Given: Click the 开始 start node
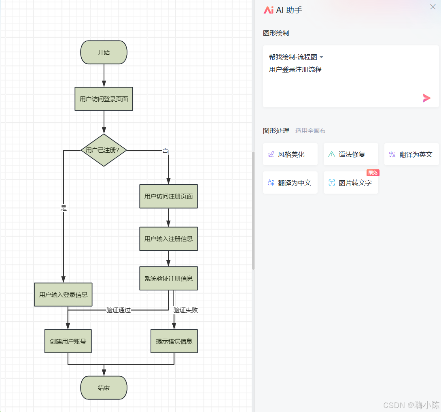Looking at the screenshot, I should [x=104, y=52].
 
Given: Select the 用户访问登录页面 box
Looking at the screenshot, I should [x=104, y=99].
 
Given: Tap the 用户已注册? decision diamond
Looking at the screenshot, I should [x=104, y=150].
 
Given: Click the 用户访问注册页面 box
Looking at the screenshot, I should [x=168, y=196].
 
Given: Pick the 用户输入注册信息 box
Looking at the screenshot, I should [x=168, y=239].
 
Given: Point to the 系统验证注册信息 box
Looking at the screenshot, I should [x=168, y=278].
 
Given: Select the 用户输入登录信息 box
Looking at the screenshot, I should [x=63, y=295].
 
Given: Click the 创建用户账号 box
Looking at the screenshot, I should [x=68, y=341].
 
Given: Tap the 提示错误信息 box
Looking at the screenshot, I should [x=174, y=341].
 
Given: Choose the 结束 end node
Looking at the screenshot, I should [x=104, y=388].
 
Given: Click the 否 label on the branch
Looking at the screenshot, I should [x=165, y=150].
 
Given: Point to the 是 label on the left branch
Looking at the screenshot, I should [x=64, y=208].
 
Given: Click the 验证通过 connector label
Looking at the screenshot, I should [x=119, y=310].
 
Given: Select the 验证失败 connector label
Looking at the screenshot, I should [x=186, y=310].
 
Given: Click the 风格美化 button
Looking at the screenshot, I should [x=290, y=154].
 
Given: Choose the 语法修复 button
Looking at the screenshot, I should [x=351, y=154].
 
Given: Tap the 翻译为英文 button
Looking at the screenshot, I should [x=411, y=154].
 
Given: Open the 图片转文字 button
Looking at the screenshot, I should [x=351, y=183].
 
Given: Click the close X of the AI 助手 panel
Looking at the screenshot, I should [x=433, y=7].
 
